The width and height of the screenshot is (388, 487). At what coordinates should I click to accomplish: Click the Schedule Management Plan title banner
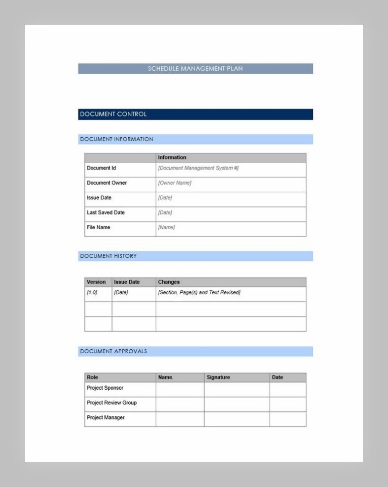(x=195, y=69)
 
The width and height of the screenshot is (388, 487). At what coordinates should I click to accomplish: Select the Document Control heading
(x=113, y=114)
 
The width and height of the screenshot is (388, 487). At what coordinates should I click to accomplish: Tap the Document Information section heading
(x=117, y=139)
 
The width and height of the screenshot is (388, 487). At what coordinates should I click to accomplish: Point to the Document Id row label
(x=102, y=168)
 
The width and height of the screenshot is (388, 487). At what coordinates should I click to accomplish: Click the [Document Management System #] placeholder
(x=198, y=168)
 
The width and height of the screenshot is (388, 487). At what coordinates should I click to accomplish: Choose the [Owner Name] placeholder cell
(x=175, y=183)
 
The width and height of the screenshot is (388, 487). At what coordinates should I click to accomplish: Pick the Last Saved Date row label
(x=106, y=212)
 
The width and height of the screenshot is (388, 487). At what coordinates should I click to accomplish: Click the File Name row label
(x=99, y=227)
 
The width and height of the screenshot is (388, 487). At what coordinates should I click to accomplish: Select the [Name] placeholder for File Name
(x=166, y=228)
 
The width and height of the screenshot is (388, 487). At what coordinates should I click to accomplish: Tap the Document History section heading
(x=108, y=256)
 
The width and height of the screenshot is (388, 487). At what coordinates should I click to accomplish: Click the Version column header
(x=96, y=282)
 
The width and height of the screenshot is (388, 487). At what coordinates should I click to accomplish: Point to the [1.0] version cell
(x=92, y=293)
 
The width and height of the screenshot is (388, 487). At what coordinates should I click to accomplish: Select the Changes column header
(x=169, y=282)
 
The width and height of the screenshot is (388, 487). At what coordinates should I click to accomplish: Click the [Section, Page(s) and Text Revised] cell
(x=199, y=293)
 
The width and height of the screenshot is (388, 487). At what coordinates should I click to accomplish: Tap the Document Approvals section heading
(x=114, y=351)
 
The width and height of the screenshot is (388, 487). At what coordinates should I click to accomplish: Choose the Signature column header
(x=218, y=377)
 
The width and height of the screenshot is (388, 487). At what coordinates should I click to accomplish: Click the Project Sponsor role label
(x=105, y=388)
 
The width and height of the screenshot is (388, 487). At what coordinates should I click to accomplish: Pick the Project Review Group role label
(x=112, y=403)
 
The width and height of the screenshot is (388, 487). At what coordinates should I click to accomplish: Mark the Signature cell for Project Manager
(x=236, y=419)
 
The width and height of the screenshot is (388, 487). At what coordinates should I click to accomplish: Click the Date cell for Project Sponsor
(x=287, y=390)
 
